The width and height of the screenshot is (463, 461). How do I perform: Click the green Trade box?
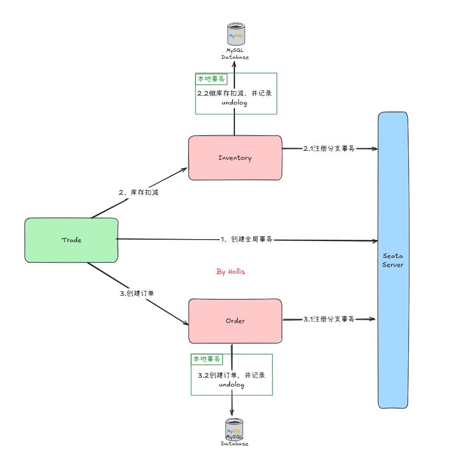click(72, 240)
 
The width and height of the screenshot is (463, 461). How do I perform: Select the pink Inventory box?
click(235, 158)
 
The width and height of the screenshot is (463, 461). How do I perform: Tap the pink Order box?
click(235, 321)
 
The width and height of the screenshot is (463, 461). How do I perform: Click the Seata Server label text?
click(393, 260)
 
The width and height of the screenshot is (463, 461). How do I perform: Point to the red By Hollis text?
click(231, 272)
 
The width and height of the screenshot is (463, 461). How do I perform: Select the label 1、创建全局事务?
click(246, 240)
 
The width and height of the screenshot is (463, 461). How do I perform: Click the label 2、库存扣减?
click(139, 193)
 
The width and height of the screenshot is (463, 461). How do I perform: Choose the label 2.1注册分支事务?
click(329, 148)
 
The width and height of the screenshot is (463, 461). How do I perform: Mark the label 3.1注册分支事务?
click(329, 319)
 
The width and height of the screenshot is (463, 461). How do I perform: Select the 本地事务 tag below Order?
click(206, 359)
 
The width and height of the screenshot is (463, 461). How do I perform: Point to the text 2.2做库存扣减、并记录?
click(234, 93)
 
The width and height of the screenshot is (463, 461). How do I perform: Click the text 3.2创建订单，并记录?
click(231, 375)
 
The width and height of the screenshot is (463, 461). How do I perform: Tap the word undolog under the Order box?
click(231, 385)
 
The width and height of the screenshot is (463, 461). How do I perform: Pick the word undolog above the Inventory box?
click(234, 103)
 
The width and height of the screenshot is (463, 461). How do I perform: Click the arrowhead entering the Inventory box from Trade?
click(185, 170)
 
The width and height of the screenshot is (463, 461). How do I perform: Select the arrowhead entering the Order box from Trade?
click(186, 323)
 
